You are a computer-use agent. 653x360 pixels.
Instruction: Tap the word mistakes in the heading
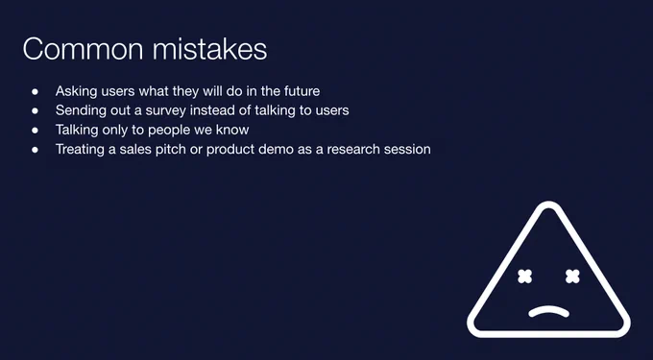[x=209, y=49]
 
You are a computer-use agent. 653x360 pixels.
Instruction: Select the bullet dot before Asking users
[x=35, y=91]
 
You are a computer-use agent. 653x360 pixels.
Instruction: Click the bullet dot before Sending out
[x=35, y=110]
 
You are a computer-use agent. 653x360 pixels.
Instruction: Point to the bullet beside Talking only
[x=35, y=131]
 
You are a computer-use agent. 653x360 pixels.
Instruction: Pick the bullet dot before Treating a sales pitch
[x=35, y=150]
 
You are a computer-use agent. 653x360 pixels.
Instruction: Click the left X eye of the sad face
[x=525, y=276]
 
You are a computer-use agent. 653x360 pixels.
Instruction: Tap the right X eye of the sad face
[x=573, y=276]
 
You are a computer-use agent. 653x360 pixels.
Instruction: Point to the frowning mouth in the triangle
[x=549, y=309]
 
